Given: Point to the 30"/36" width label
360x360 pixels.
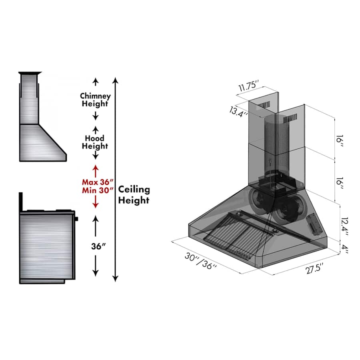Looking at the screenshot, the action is [x=201, y=261].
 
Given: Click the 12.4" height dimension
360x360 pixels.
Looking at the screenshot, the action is [x=345, y=226].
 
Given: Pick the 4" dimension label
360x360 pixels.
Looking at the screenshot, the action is [x=345, y=249].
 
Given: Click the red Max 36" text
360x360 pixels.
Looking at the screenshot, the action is [x=98, y=182].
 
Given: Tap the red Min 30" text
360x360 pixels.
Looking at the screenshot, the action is [x=98, y=190].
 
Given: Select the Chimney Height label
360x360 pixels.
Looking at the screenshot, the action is [x=95, y=100].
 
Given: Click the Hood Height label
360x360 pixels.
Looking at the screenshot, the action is [x=95, y=142].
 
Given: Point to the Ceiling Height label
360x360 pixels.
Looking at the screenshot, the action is [x=134, y=195].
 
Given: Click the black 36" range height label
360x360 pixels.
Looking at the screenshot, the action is [x=98, y=246].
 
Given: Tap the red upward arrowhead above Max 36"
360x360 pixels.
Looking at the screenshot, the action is [x=96, y=167].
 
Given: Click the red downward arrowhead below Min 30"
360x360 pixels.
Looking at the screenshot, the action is [x=96, y=206].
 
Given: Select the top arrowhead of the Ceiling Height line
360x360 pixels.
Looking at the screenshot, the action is [x=116, y=80].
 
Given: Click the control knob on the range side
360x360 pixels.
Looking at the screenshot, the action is [x=76, y=219].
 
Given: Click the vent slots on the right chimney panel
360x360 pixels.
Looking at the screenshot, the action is [x=290, y=118].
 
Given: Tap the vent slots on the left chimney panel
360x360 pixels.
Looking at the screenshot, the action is [x=263, y=105].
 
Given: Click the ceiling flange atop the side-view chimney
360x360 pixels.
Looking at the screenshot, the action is [x=30, y=73].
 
